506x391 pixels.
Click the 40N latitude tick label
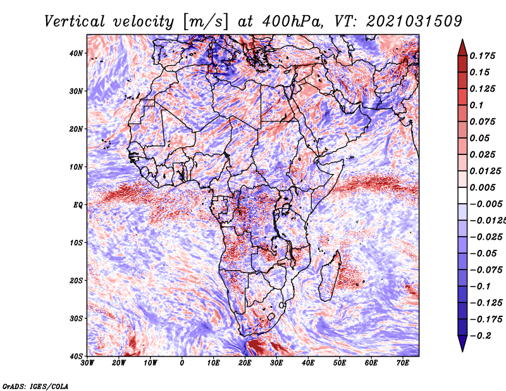pos(77,53)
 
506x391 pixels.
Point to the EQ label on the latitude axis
pos(78,204)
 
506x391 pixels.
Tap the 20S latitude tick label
pos(77,280)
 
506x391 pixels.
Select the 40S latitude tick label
pos(77,356)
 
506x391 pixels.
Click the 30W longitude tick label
pos(87,363)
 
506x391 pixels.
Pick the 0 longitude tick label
pos(182,363)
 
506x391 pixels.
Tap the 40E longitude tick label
pos(308,363)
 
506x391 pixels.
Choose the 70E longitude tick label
pos(403,363)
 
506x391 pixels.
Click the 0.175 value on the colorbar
pos(482,56)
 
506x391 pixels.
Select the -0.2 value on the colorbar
pos(479,335)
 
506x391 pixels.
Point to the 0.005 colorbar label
pos(482,187)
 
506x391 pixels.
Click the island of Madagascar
pos(330,278)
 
